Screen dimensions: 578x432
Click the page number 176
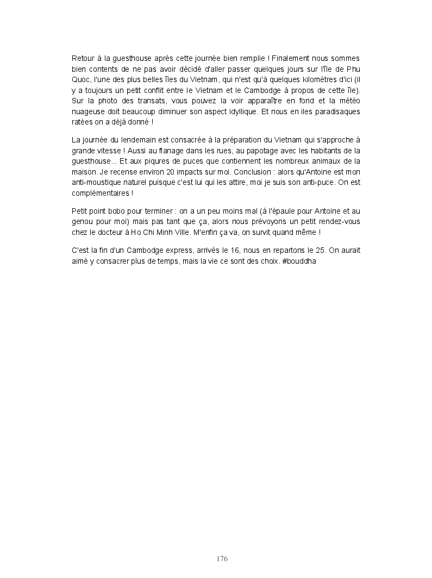[x=222, y=558]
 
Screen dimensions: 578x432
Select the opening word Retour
[x=83, y=58]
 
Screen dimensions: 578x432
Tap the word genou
[x=82, y=222]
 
